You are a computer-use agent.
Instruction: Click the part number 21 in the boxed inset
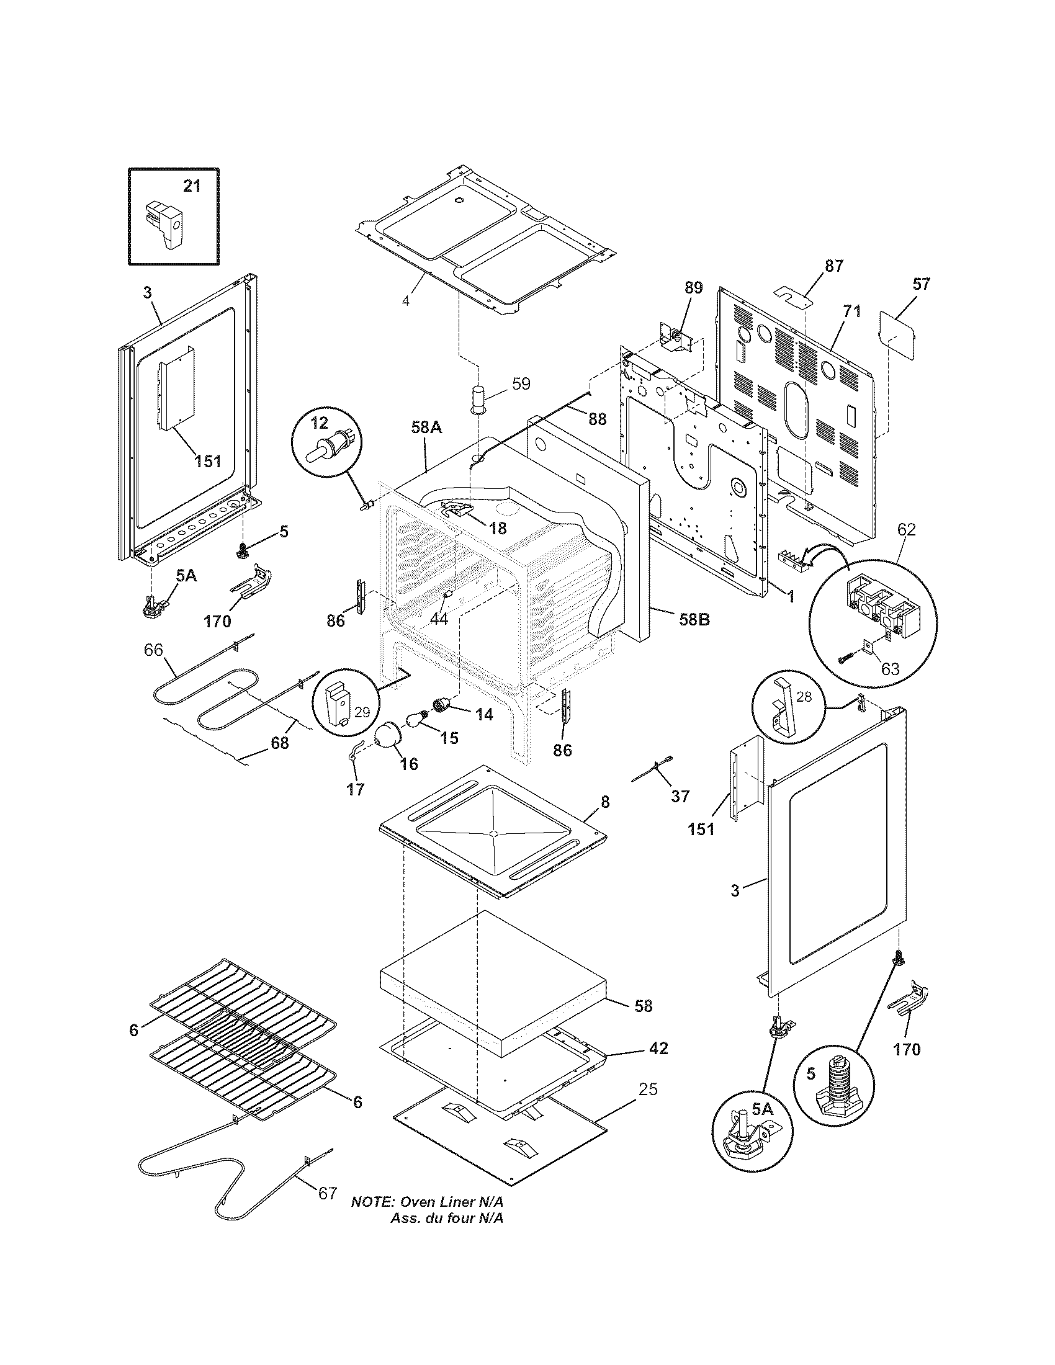pos(192,186)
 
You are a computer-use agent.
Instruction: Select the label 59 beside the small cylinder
pos(521,383)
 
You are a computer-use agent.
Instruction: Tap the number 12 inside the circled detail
pos(319,423)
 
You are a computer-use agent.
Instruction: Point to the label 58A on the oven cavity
pos(427,427)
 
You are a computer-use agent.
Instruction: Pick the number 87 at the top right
pos(833,266)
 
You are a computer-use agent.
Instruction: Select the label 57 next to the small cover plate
pos(920,284)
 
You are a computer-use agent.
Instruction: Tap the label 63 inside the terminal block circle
pos(889,669)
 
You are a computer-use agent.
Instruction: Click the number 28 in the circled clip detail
pos(804,696)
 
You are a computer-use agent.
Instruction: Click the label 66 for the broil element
pos(153,650)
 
